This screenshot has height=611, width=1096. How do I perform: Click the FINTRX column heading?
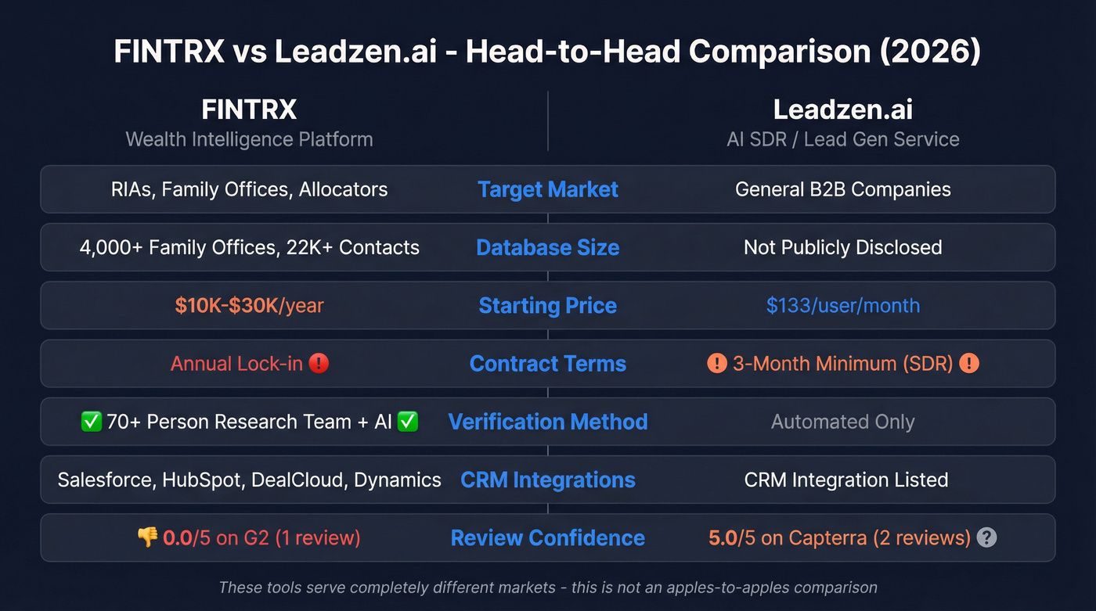(249, 110)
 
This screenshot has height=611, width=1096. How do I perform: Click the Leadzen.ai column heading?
(842, 110)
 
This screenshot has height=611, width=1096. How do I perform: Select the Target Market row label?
(548, 189)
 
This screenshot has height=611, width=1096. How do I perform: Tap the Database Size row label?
(548, 247)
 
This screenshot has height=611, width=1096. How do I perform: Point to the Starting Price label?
(548, 305)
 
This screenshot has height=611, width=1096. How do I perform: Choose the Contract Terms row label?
(548, 364)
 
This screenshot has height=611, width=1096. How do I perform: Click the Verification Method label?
(548, 422)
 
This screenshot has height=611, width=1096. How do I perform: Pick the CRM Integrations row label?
(548, 480)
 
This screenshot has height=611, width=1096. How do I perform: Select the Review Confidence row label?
(548, 537)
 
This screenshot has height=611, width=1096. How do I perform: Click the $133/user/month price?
(843, 305)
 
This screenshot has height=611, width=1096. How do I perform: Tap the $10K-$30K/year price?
(249, 305)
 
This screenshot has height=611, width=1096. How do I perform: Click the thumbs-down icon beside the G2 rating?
(147, 537)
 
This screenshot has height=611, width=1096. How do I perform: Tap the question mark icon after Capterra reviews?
(987, 537)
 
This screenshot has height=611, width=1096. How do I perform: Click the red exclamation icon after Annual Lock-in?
(319, 364)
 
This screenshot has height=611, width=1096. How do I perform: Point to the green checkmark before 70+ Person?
(91, 422)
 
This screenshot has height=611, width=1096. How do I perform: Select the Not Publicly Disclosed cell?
(843, 247)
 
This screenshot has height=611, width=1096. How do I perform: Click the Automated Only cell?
(843, 422)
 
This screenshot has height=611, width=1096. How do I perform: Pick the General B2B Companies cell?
(843, 189)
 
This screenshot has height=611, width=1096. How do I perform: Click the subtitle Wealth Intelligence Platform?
(249, 139)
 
